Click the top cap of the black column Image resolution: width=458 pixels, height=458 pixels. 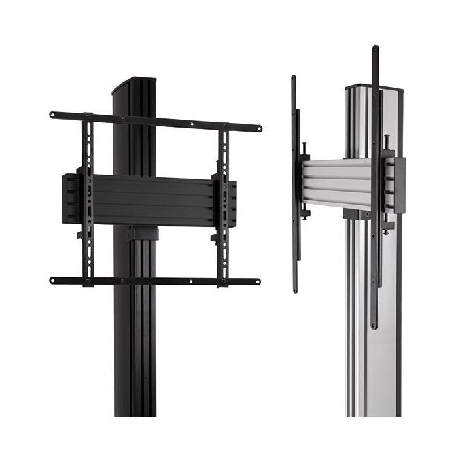134,84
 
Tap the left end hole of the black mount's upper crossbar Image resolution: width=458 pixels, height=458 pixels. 53,114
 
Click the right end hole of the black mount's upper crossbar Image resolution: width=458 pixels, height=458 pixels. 258,128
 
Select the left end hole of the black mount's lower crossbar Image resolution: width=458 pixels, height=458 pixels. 53,280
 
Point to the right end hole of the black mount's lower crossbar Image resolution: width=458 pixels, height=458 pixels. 257,282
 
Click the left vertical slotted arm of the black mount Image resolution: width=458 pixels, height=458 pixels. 87,196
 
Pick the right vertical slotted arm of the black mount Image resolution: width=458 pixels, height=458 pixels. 223,203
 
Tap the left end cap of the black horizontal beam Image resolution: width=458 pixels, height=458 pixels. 68,198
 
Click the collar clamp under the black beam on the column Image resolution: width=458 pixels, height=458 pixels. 143,233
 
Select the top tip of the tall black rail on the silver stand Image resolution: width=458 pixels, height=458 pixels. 376,48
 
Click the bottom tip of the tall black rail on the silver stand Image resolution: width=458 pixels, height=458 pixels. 374,326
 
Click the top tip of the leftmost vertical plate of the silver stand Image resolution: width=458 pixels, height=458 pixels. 294,79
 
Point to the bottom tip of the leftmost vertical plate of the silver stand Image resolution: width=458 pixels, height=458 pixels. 295,289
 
